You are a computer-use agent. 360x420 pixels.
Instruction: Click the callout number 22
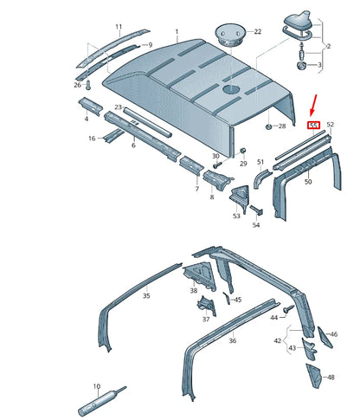pyautogui.click(x=257, y=32)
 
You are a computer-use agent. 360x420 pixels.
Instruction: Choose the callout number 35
pyautogui.click(x=146, y=295)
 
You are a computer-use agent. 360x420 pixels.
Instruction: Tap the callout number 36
pyautogui.click(x=233, y=340)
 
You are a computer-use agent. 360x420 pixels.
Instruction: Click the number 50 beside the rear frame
pyautogui.click(x=307, y=184)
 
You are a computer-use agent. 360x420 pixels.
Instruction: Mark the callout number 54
pyautogui.click(x=256, y=225)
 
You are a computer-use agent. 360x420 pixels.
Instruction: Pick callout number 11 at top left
pyautogui.click(x=119, y=28)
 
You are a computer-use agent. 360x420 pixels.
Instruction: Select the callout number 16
pyautogui.click(x=91, y=139)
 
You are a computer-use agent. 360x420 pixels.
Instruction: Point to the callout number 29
pyautogui.click(x=243, y=164)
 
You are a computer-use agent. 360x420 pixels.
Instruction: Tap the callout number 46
pyautogui.click(x=334, y=333)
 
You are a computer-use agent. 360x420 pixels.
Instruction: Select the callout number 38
pyautogui.click(x=194, y=292)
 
